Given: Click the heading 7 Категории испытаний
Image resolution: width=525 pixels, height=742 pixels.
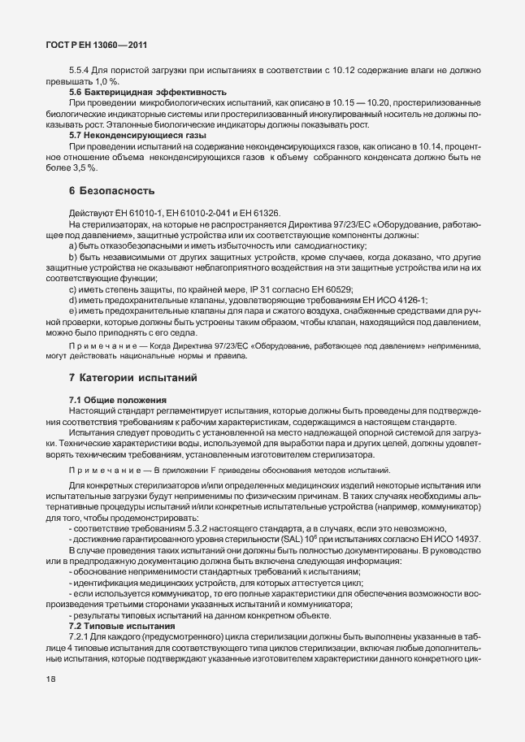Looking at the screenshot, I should tap(132, 378).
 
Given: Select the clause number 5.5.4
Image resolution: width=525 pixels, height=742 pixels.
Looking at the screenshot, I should tap(82, 72).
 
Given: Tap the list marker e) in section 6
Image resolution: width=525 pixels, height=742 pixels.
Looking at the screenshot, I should tap(73, 310).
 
